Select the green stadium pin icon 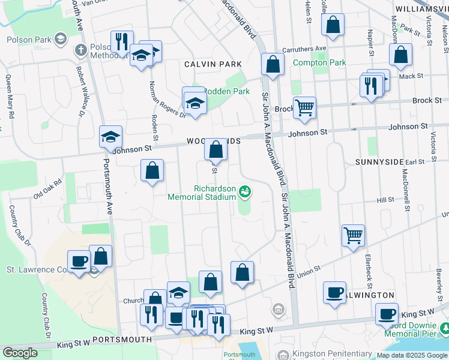(245, 192)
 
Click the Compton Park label (319, 62)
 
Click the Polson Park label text (27, 40)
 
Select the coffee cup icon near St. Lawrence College (79, 262)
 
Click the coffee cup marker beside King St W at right (387, 313)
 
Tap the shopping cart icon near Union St (353, 235)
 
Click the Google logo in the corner (20, 353)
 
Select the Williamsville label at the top (421, 9)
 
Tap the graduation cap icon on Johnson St (110, 137)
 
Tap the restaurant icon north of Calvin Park (122, 41)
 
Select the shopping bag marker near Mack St (400, 55)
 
